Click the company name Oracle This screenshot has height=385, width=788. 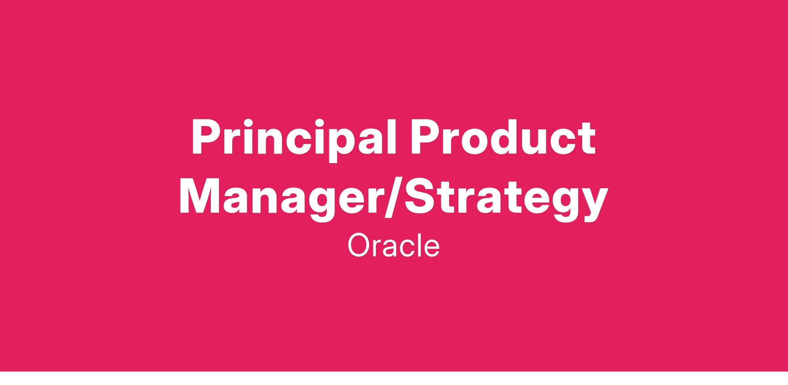393,246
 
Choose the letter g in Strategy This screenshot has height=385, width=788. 562,205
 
